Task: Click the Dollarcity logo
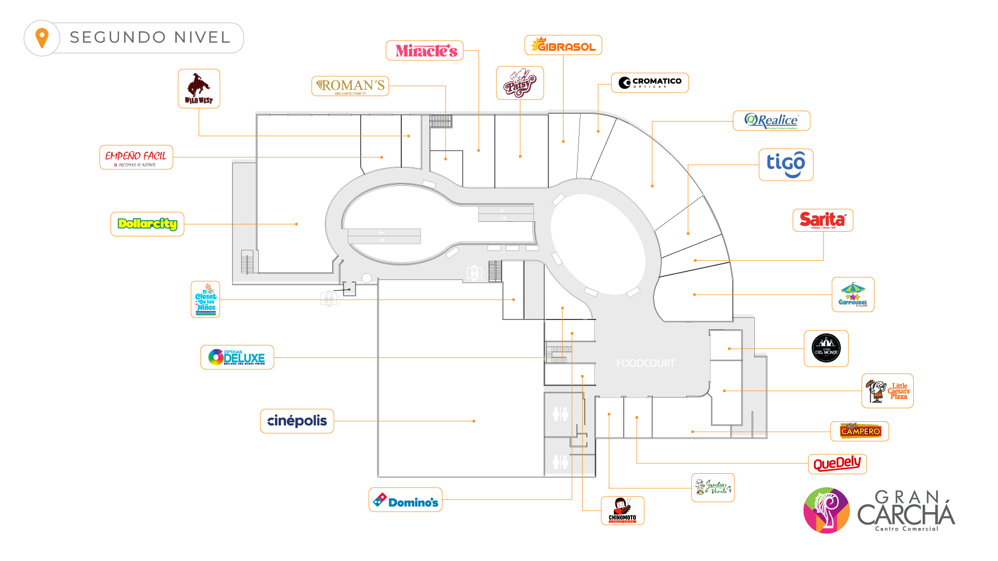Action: click(x=147, y=224)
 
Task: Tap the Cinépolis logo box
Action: click(x=297, y=421)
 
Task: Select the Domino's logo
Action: click(x=405, y=500)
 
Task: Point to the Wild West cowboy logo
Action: click(x=199, y=88)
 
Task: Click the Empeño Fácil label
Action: click(x=136, y=157)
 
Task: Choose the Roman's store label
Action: click(x=350, y=86)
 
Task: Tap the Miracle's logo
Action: click(x=425, y=50)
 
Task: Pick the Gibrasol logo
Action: click(x=563, y=45)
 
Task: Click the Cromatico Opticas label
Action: click(x=650, y=83)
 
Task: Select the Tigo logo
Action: click(x=785, y=165)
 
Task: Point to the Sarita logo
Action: click(x=823, y=220)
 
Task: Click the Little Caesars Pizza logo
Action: click(x=887, y=391)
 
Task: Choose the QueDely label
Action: click(x=837, y=463)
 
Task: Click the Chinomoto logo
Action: click(x=622, y=510)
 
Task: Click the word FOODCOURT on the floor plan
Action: click(x=646, y=364)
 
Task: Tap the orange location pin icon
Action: click(x=42, y=37)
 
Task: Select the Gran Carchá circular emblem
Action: click(x=826, y=510)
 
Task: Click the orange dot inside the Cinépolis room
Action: click(x=474, y=421)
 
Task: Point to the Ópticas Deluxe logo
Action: click(x=237, y=357)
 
